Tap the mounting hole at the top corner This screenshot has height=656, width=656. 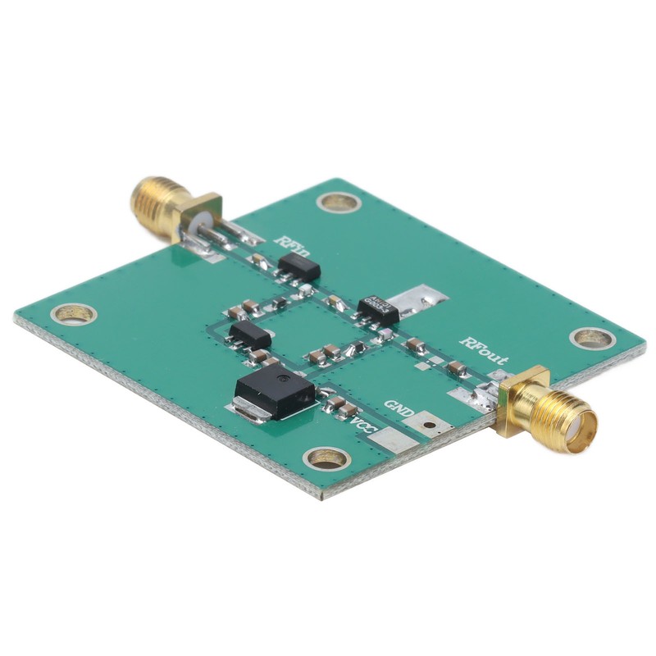(x=337, y=201)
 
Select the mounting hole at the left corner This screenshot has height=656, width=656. (x=75, y=313)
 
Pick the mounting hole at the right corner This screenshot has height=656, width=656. (x=591, y=337)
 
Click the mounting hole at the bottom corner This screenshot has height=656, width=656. (x=326, y=459)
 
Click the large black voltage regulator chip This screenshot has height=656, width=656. (x=275, y=394)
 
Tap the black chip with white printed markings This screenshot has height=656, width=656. (x=377, y=309)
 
